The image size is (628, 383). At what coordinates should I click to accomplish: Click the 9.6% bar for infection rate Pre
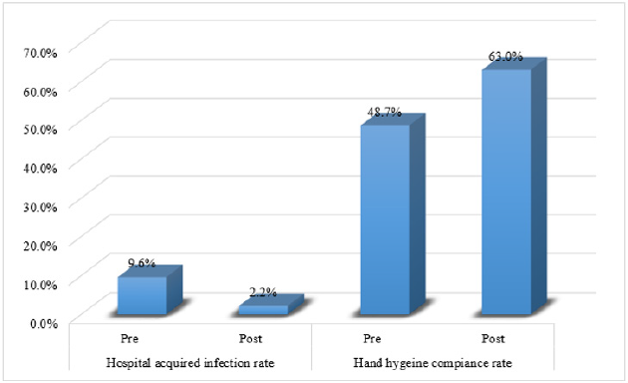pyautogui.click(x=143, y=296)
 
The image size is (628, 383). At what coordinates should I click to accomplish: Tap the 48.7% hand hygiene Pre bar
pyautogui.click(x=385, y=219)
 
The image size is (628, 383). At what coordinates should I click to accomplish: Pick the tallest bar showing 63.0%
pyautogui.click(x=507, y=191)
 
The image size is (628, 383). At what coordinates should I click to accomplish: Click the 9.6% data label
pyautogui.click(x=142, y=263)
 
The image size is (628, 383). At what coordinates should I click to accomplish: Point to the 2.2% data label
pyautogui.click(x=263, y=294)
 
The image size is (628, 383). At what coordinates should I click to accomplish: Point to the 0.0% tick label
pyautogui.click(x=44, y=321)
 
